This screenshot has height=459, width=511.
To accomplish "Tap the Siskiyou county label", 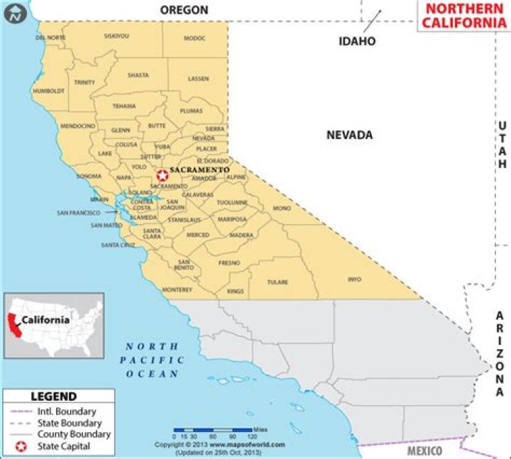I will [116, 35].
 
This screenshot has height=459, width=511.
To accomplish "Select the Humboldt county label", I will [49, 91].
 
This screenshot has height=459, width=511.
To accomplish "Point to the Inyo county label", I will [354, 280].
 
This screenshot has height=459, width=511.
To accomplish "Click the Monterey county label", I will [177, 289].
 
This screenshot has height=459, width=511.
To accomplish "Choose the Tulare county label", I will [278, 282].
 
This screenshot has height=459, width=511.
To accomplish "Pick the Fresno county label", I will [229, 262].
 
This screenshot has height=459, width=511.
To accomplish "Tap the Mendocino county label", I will [77, 126].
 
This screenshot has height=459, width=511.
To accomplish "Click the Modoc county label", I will [194, 38].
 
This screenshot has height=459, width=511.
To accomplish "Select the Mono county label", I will [282, 208].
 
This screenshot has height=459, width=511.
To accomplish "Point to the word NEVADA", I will [349, 135].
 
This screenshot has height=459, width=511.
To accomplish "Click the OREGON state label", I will [184, 10].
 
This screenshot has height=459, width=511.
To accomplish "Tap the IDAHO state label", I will [356, 41].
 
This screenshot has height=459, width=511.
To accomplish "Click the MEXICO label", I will [424, 451].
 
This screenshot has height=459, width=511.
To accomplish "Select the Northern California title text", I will [460, 16].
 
